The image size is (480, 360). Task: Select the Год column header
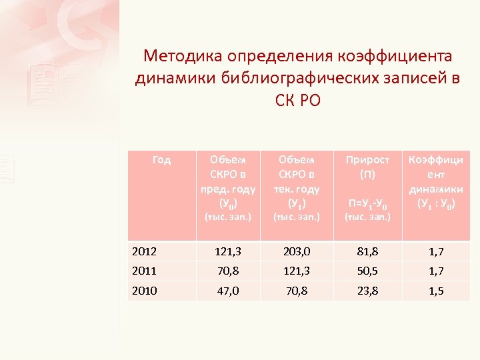click(x=161, y=160)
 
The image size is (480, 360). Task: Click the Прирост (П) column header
click(x=368, y=167)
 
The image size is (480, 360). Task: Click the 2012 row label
click(x=145, y=251)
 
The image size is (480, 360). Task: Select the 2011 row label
click(x=145, y=271)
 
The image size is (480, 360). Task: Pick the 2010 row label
click(x=145, y=290)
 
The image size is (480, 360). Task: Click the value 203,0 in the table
click(x=296, y=251)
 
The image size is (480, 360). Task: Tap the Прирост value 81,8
click(x=368, y=251)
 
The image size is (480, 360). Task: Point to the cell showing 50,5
click(x=368, y=271)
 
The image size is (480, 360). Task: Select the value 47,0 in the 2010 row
click(x=227, y=290)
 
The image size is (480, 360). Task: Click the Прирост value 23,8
click(x=368, y=290)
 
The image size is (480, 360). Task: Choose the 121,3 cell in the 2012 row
click(x=227, y=251)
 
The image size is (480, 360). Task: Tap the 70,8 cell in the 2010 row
click(x=296, y=290)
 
